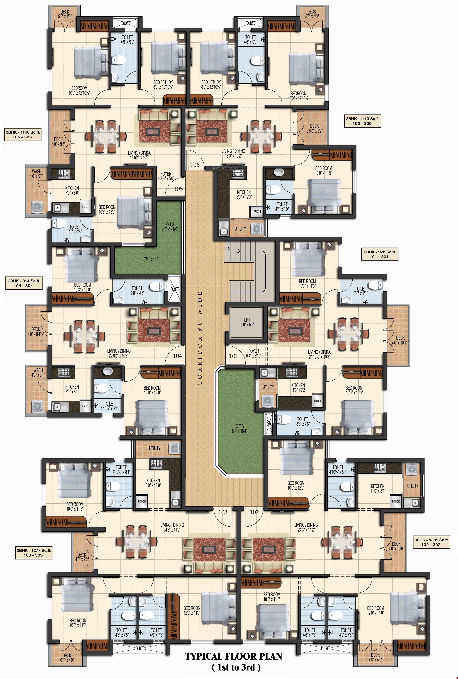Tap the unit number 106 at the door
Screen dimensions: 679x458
(x=195, y=165)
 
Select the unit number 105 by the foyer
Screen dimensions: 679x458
(x=178, y=189)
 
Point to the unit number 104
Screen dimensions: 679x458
(x=177, y=356)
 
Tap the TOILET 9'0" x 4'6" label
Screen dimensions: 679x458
(x=137, y=291)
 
